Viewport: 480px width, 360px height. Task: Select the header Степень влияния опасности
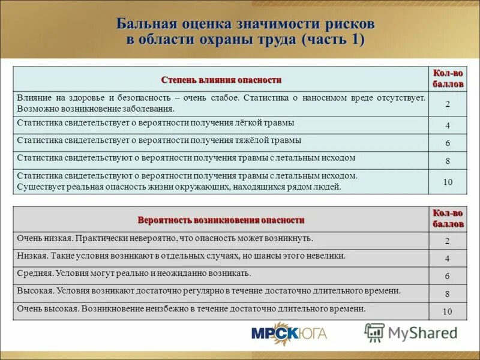[221, 80]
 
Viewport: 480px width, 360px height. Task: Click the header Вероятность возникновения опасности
[221, 220]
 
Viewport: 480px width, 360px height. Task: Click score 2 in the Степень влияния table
[448, 104]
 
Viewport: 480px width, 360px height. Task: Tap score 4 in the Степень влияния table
[448, 126]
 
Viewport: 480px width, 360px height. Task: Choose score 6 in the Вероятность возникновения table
[448, 277]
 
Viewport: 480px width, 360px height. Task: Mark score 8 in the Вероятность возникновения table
[448, 294]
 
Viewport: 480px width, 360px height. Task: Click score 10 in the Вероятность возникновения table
[448, 311]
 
